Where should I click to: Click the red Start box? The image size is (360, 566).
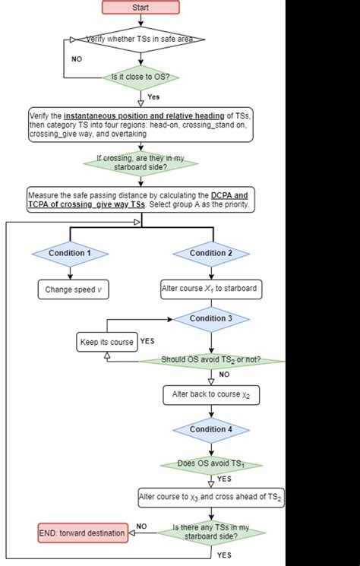(141, 8)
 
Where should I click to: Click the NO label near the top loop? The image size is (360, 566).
(77, 58)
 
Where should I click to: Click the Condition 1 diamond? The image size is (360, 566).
(70, 253)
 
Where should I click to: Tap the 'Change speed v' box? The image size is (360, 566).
(70, 289)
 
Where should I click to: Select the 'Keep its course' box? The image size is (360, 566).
(106, 342)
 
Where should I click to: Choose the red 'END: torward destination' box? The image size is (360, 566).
(82, 533)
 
